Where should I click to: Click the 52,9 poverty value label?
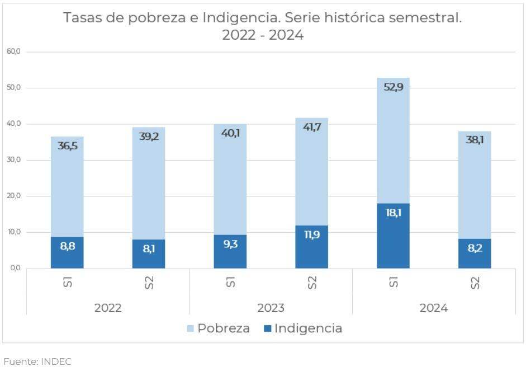coord(393,87)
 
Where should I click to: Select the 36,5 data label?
coord(67,145)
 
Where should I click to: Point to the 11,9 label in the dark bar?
coord(311,235)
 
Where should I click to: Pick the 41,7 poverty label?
coord(311,127)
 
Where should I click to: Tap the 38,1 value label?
coord(475,140)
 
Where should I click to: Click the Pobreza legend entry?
coord(219,328)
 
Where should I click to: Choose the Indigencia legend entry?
coord(302,328)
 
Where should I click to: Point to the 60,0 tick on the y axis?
coord(13,51)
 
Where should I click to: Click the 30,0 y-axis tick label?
coord(13,160)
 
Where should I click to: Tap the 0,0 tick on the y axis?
coord(15,268)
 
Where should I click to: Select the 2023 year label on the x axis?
coord(271,308)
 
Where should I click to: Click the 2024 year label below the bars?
coord(434,308)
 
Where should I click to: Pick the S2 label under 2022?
coord(149,283)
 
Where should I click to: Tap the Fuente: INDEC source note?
coord(37,361)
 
